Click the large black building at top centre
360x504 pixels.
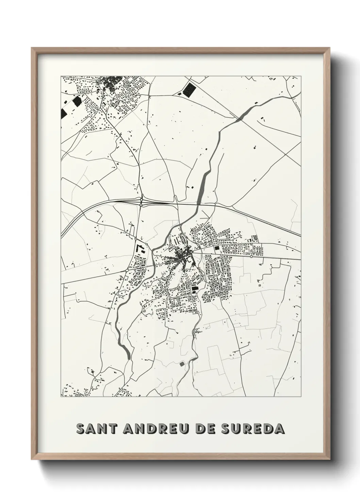pos(187,90)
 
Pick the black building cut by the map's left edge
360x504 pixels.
pos(63,113)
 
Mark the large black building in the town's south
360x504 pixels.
pos(194,289)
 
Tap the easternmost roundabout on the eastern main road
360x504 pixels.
pos(251,256)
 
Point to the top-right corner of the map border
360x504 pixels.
pos(301,76)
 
